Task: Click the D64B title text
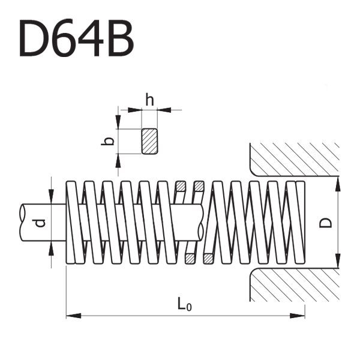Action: pyautogui.click(x=76, y=38)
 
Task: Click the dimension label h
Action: pyautogui.click(x=149, y=100)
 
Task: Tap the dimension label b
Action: pyautogui.click(x=107, y=141)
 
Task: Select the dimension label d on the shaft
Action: pyautogui.click(x=41, y=223)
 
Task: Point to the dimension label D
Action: pyautogui.click(x=326, y=223)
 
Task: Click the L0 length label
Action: pyautogui.click(x=185, y=304)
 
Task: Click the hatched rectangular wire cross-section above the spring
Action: pyautogui.click(x=149, y=141)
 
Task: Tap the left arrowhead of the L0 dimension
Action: pyautogui.click(x=73, y=316)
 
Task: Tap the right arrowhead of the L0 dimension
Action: pyautogui.click(x=298, y=316)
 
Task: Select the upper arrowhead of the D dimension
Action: pyautogui.click(x=338, y=184)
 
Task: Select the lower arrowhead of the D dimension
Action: pyautogui.click(x=338, y=260)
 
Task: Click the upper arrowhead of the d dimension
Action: pyautogui.click(x=51, y=197)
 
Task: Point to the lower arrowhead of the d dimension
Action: pyautogui.click(x=51, y=248)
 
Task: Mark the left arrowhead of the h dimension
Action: pyautogui.click(x=135, y=110)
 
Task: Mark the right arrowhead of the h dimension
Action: pyautogui.click(x=164, y=110)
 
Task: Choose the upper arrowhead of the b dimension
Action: pyautogui.click(x=118, y=122)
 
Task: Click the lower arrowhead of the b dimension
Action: pyautogui.click(x=118, y=160)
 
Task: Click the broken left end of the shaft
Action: pyautogui.click(x=22, y=223)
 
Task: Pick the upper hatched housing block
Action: pyautogui.click(x=295, y=160)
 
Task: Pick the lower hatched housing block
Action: pyautogui.click(x=295, y=284)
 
